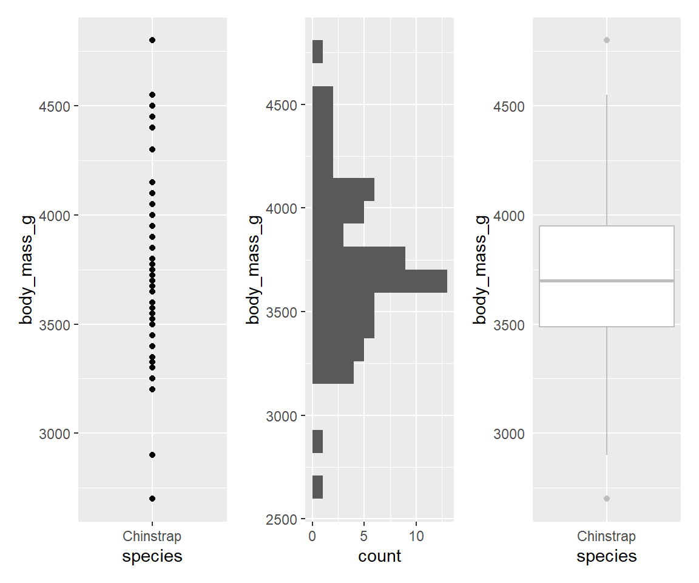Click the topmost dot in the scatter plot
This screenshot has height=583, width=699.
click(152, 40)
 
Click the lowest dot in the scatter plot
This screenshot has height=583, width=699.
click(152, 499)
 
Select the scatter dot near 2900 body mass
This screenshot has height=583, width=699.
click(152, 455)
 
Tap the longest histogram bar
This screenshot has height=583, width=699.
click(379, 281)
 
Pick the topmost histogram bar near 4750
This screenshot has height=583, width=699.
click(317, 52)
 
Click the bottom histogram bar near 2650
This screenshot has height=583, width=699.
click(317, 487)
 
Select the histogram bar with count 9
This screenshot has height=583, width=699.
click(359, 258)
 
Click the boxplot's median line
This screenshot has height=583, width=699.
click(607, 281)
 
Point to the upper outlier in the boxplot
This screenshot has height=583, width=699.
click(607, 40)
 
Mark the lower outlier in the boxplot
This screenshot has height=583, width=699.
click(607, 499)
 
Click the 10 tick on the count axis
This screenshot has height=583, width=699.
click(416, 537)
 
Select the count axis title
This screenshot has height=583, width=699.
click(380, 556)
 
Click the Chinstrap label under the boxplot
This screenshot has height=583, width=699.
click(607, 537)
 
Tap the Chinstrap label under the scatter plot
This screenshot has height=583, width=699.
click(152, 537)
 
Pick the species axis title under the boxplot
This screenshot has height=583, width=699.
click(607, 556)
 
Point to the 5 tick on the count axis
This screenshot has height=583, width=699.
click(364, 537)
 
